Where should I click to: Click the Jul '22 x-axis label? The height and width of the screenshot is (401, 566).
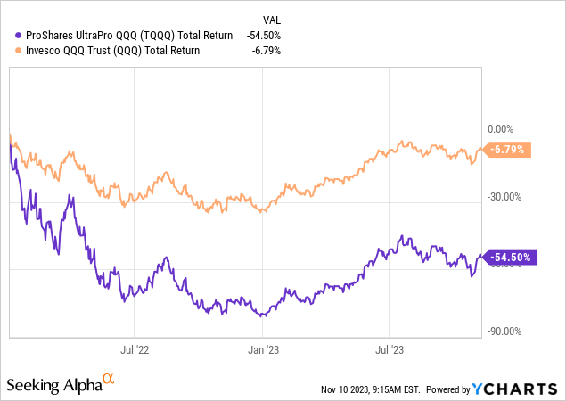click(x=134, y=350)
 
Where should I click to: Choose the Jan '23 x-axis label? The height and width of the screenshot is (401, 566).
click(x=265, y=350)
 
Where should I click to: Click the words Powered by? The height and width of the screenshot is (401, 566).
click(x=450, y=390)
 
